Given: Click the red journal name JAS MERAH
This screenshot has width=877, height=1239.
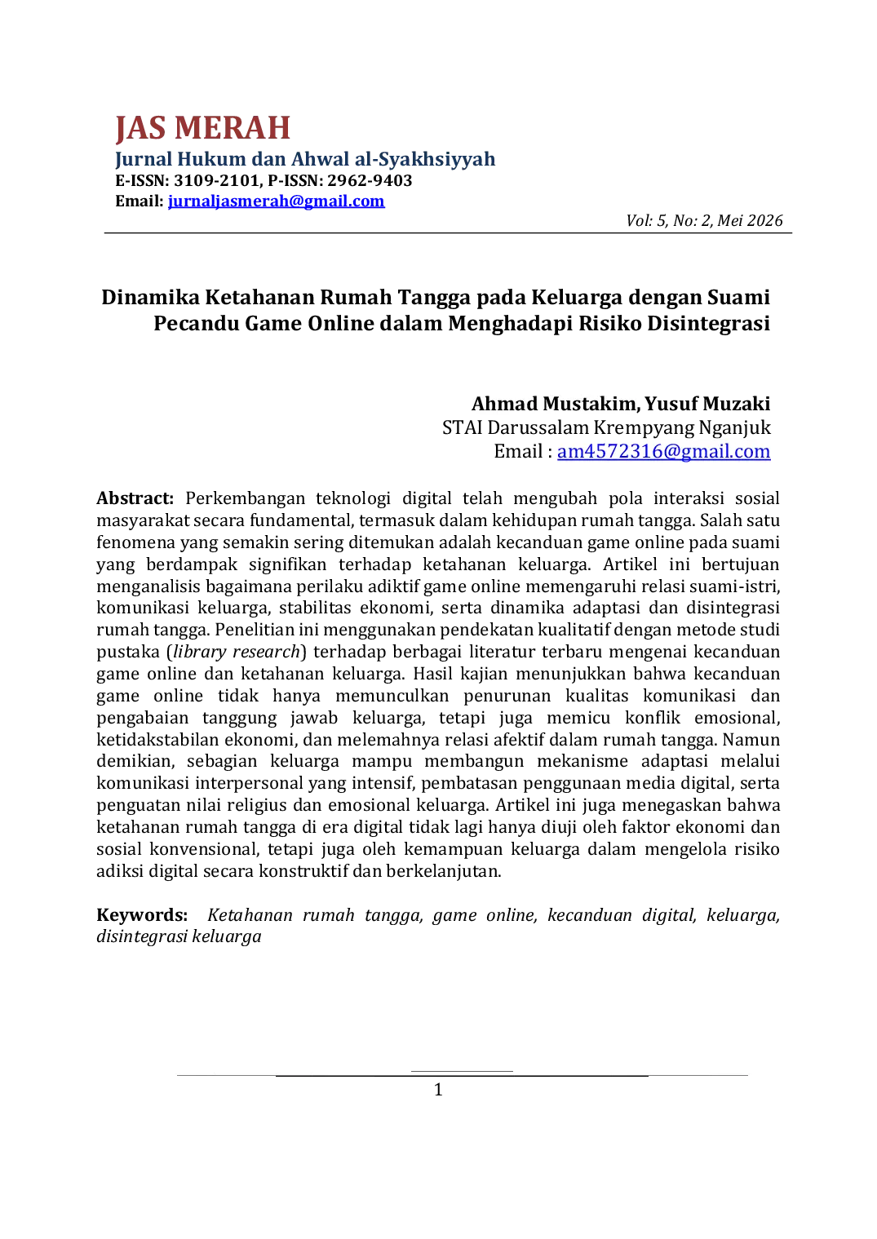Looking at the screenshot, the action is pyautogui.click(x=202, y=127).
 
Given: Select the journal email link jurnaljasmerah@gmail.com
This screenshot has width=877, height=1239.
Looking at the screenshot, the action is pyautogui.click(x=276, y=201).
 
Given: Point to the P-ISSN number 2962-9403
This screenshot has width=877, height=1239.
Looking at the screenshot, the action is pyautogui.click(x=370, y=180).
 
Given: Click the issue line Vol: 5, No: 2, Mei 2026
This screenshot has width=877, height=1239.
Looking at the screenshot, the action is pyautogui.click(x=704, y=221).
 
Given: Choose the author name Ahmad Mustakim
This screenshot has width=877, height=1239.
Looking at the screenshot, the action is pyautogui.click(x=556, y=404).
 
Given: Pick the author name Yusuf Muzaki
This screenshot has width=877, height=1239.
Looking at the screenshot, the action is pyautogui.click(x=707, y=404).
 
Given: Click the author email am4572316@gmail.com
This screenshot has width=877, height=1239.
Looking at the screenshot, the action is pyautogui.click(x=663, y=451).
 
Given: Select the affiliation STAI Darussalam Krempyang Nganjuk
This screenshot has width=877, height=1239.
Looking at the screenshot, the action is pyautogui.click(x=606, y=427).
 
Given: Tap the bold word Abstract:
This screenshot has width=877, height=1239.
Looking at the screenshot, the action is pyautogui.click(x=135, y=498).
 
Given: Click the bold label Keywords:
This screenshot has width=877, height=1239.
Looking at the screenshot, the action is pyautogui.click(x=142, y=915).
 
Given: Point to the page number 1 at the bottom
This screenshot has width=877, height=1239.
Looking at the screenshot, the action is pyautogui.click(x=438, y=1091).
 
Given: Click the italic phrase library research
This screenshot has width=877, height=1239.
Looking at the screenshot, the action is pyautogui.click(x=237, y=652).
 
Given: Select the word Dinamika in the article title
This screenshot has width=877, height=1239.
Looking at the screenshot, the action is pyautogui.click(x=150, y=298).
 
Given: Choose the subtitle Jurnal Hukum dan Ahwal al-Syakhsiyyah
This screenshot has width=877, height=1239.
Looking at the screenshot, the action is pyautogui.click(x=305, y=159).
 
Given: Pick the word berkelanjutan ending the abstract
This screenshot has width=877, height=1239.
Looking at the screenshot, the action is pyautogui.click(x=444, y=871).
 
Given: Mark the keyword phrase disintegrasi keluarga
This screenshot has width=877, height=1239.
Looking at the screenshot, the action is pyautogui.click(x=179, y=936).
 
